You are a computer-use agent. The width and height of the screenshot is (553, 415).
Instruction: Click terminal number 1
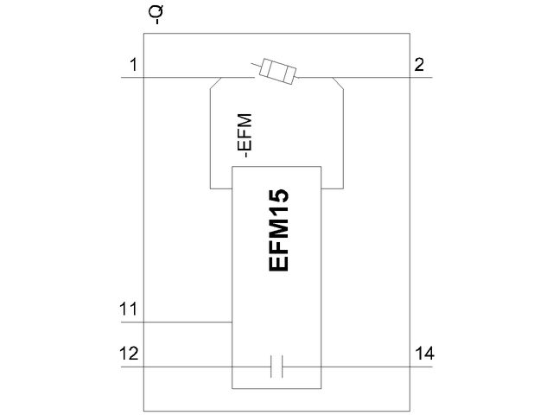pyautogui.click(x=133, y=65)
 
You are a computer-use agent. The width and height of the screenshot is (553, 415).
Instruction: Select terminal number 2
pyautogui.click(x=419, y=65)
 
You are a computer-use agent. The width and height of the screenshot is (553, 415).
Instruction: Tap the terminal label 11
pyautogui.click(x=129, y=309)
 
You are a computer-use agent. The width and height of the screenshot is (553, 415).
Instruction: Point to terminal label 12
pyautogui.click(x=129, y=353)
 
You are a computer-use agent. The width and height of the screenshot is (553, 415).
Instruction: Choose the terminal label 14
pyautogui.click(x=424, y=353)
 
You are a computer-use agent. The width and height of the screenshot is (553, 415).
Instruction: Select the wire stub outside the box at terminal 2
pyautogui.click(x=421, y=78)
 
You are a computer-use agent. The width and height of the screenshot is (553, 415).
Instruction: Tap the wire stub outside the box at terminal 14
pyautogui.click(x=421, y=367)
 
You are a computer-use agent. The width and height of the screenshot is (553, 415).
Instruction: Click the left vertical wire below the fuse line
pyautogui.click(x=210, y=138)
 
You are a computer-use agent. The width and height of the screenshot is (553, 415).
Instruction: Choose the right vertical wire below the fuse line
pyautogui.click(x=344, y=138)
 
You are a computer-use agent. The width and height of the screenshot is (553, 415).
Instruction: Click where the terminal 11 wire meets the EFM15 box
pyautogui.click(x=232, y=322)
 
